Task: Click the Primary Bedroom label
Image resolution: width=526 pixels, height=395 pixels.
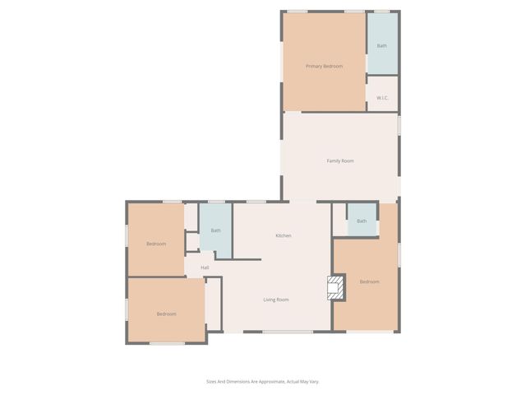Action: point(324,66)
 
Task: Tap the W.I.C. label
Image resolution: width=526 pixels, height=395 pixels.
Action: point(382,98)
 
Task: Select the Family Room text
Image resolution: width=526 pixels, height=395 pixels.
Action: point(340,160)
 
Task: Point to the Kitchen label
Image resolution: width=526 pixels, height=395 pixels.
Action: point(283,236)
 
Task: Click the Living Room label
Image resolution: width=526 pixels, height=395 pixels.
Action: point(275,300)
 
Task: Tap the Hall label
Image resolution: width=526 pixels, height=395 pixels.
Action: point(205,267)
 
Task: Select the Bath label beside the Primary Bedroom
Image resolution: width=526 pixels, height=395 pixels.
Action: point(381,45)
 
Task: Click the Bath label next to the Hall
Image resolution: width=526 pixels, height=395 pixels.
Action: point(215,230)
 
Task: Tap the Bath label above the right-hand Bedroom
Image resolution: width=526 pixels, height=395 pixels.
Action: point(362,221)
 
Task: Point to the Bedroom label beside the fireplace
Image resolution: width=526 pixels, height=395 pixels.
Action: point(370,282)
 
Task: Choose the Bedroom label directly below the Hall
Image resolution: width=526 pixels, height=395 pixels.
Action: point(167,314)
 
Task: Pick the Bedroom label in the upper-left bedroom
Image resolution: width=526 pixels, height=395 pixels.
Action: point(156,244)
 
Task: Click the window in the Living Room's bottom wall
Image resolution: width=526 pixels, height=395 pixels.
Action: point(288,332)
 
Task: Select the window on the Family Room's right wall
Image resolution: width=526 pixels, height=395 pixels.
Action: point(399,125)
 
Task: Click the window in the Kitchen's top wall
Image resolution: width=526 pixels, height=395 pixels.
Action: point(256,202)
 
